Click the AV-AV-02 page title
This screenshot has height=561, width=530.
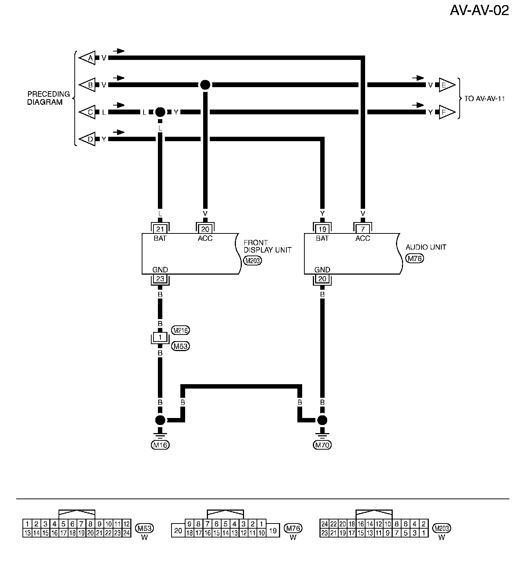pos(479,10)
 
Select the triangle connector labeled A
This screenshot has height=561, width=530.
pos(88,58)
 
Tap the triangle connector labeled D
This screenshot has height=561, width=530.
pos(88,139)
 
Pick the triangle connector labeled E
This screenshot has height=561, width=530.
pos(446,85)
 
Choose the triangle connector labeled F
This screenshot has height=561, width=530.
pos(446,112)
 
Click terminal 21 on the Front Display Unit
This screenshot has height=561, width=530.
pos(160,229)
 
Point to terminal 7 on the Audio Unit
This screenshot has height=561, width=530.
pos(363,229)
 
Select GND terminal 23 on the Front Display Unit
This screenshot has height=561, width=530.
pos(160,279)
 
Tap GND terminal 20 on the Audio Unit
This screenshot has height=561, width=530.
pos(322,279)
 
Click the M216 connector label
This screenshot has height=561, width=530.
pos(180,330)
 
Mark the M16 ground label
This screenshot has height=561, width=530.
pos(160,445)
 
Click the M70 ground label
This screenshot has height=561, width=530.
pos(322,445)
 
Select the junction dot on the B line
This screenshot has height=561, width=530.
pos(205,85)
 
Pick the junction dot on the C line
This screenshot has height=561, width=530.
pos(160,112)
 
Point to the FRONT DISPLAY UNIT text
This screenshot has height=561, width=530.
pos(267,246)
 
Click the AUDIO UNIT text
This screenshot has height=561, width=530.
pos(425,247)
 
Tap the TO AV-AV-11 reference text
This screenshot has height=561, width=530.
pos(484,99)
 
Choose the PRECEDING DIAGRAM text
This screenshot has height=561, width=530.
pos(48,98)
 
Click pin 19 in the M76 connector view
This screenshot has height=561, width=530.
pos(273,530)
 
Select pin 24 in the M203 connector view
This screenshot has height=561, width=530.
pos(324,524)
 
